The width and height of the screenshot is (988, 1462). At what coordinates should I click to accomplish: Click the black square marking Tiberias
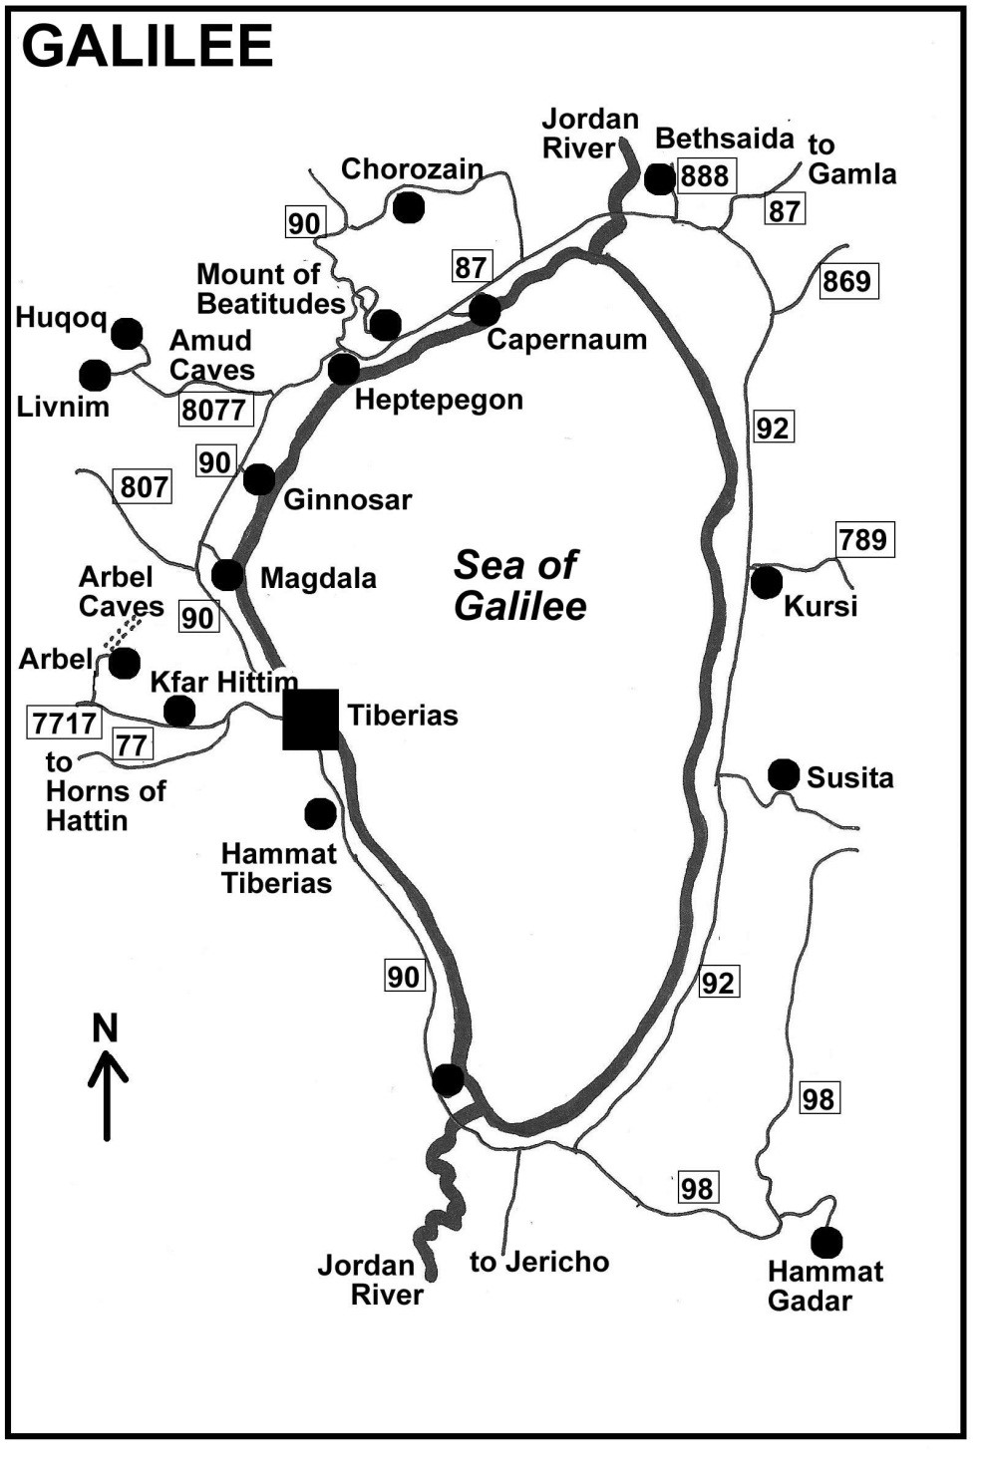click(x=311, y=719)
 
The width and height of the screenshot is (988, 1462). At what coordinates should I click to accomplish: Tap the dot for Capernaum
click(x=484, y=310)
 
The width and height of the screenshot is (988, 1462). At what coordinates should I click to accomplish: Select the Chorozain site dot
click(x=408, y=207)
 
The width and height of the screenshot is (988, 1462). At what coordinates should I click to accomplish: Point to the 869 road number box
click(x=846, y=281)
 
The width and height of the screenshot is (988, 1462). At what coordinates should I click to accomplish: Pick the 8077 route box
click(x=214, y=409)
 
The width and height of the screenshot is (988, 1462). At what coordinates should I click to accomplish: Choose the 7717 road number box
click(x=65, y=723)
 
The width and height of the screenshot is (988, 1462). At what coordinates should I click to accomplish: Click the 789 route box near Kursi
click(x=862, y=540)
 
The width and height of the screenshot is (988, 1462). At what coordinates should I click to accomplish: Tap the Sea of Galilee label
click(x=518, y=585)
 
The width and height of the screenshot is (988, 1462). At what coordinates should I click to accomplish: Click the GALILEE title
click(x=148, y=46)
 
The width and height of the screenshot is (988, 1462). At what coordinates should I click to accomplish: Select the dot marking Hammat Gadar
click(x=825, y=1242)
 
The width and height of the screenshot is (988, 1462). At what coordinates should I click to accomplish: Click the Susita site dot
click(x=784, y=774)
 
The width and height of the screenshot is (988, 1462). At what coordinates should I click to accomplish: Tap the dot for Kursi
click(x=766, y=583)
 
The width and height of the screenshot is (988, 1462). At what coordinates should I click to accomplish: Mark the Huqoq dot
click(x=127, y=334)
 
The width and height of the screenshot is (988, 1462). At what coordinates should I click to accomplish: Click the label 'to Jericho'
click(x=539, y=1262)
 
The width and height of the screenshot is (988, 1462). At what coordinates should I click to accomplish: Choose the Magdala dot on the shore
click(x=227, y=575)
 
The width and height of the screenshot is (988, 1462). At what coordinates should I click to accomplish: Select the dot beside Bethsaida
click(x=659, y=179)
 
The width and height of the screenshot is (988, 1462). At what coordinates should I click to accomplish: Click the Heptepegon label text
click(x=439, y=400)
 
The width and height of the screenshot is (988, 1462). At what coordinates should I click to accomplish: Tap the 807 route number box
click(x=145, y=486)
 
